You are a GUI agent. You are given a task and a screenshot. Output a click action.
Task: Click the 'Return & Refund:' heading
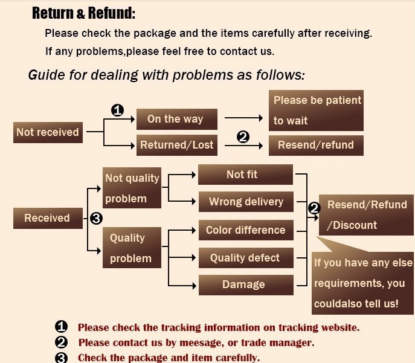tap(83, 13)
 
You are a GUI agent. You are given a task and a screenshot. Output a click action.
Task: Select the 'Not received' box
tap(48, 132)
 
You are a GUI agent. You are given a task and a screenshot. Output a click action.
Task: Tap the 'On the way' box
tap(175, 119)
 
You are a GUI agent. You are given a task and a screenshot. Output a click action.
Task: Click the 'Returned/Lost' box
tap(177, 145)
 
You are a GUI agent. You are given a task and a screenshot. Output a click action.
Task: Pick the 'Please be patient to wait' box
tap(317, 110)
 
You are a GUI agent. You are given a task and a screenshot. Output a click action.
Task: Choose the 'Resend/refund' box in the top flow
tap(316, 145)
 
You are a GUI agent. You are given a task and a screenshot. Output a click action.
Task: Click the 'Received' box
tap(47, 218)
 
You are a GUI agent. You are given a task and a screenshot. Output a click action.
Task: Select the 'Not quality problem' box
tap(132, 188)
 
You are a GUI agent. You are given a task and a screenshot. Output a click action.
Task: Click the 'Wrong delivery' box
tap(245, 202)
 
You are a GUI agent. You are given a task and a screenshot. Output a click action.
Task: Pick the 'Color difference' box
tap(245, 230)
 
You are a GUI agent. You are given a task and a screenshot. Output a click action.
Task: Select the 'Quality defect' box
tap(245, 258)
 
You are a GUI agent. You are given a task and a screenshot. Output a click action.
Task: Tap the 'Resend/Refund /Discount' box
tap(366, 214)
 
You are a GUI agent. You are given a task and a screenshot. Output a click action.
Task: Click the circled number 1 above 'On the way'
tap(118, 111)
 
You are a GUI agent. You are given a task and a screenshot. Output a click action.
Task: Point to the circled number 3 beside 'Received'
tap(95, 219)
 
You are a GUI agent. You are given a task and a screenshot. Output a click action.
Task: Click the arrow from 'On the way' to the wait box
tap(243, 119)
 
